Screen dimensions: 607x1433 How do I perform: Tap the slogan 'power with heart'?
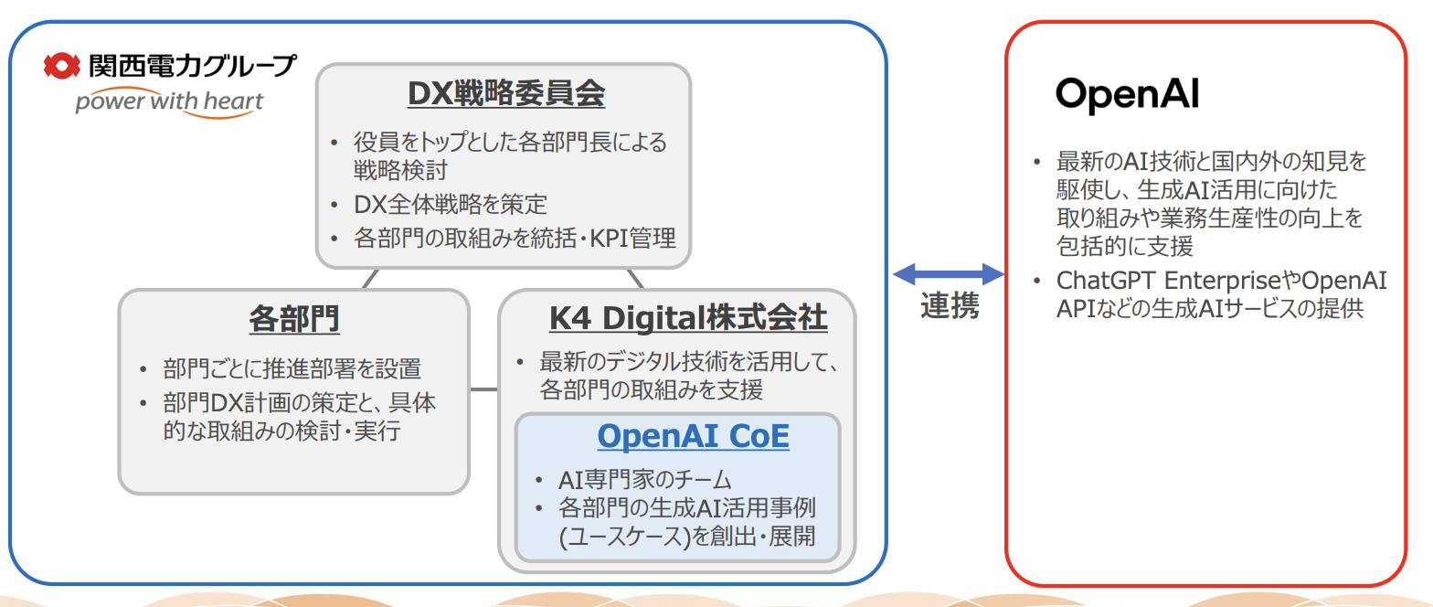169,101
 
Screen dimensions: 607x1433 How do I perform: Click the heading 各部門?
293,319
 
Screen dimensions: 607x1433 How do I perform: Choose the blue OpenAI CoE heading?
693,437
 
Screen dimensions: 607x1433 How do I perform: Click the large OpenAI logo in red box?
1127,94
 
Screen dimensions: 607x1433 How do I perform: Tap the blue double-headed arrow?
948,272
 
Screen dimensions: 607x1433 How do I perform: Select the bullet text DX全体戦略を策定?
450,204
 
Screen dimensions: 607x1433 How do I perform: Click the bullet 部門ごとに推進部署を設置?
292,369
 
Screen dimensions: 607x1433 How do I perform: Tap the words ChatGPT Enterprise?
1177,280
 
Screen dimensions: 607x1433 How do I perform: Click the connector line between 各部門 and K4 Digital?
483,390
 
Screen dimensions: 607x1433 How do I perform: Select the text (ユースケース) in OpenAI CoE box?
622,537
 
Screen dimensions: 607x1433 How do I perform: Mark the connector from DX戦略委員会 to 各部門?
369,277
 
